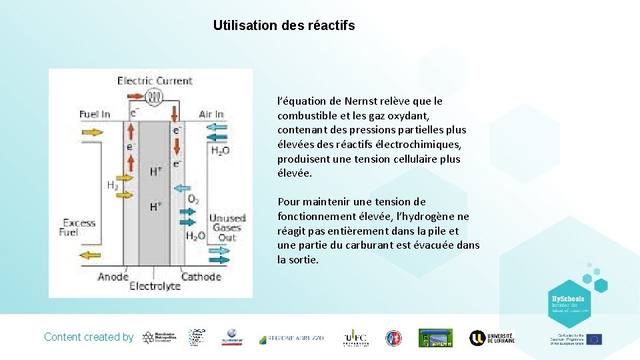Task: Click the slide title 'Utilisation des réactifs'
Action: click(284, 26)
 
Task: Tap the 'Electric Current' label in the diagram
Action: click(155, 81)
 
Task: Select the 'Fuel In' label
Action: click(95, 114)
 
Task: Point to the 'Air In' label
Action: click(211, 115)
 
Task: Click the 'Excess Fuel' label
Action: click(79, 227)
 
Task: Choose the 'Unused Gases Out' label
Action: click(227, 227)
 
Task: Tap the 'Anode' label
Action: click(113, 276)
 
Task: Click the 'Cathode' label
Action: click(201, 276)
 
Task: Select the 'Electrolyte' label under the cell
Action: click(155, 286)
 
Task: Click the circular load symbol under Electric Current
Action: click(155, 97)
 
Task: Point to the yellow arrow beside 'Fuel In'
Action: click(93, 132)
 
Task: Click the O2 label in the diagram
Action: click(193, 199)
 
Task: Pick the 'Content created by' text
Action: click(89, 337)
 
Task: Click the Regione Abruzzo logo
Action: click(291, 338)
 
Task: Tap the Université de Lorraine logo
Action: click(492, 338)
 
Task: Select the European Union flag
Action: click(594, 339)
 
